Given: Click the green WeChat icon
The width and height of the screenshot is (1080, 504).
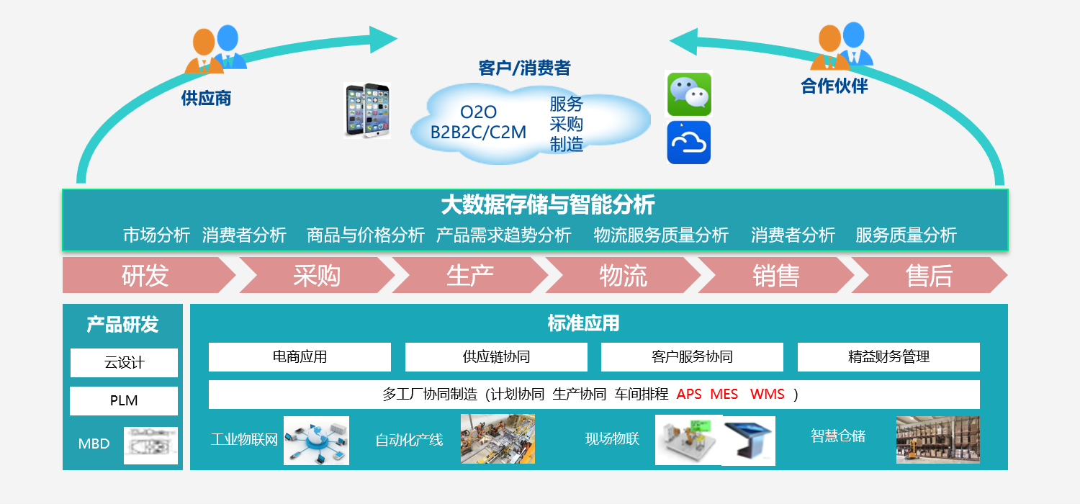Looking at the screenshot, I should [689, 94].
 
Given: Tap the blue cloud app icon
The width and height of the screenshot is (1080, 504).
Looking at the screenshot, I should [689, 142].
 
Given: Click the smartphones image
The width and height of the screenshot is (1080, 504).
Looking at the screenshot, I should [367, 110].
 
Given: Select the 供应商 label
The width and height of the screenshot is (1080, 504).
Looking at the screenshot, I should [206, 98].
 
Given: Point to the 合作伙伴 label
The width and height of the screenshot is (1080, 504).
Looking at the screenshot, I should [834, 86].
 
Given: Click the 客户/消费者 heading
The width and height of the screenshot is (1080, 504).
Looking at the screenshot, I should [524, 68].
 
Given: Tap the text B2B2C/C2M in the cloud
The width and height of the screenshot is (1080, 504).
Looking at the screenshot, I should [478, 132].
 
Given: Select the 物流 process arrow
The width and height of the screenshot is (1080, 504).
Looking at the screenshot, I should [623, 276].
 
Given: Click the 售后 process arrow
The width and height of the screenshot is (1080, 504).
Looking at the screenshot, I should [929, 276].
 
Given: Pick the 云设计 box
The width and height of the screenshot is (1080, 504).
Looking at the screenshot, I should [124, 363].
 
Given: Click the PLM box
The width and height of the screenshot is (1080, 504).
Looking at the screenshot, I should [124, 401].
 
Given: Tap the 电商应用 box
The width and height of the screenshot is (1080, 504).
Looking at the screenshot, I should [300, 357].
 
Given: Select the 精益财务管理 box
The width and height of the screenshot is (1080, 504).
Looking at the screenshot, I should [888, 357].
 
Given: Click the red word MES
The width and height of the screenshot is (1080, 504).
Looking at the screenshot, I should [724, 395].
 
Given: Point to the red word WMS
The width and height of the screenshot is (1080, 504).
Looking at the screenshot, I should [767, 395].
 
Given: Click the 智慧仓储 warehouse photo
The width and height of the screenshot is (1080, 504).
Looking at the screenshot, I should [937, 439].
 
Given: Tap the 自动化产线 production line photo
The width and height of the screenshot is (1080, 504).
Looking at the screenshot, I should [498, 438].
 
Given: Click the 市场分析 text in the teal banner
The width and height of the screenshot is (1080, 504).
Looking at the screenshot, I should [156, 235].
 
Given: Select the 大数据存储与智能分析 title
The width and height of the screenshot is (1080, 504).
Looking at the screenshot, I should [547, 205].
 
